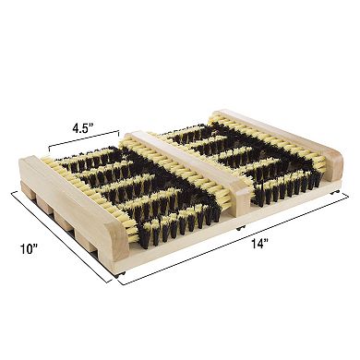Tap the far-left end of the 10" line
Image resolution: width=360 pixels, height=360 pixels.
coord(10,191)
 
